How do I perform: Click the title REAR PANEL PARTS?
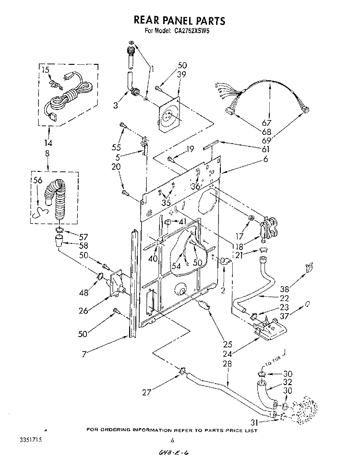pyautogui.click(x=179, y=21)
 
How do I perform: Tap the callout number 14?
pyautogui.click(x=48, y=143)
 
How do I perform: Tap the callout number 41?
pyautogui.click(x=182, y=221)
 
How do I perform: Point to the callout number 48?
pyautogui.click(x=84, y=292)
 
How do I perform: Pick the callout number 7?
pyautogui.click(x=84, y=354)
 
